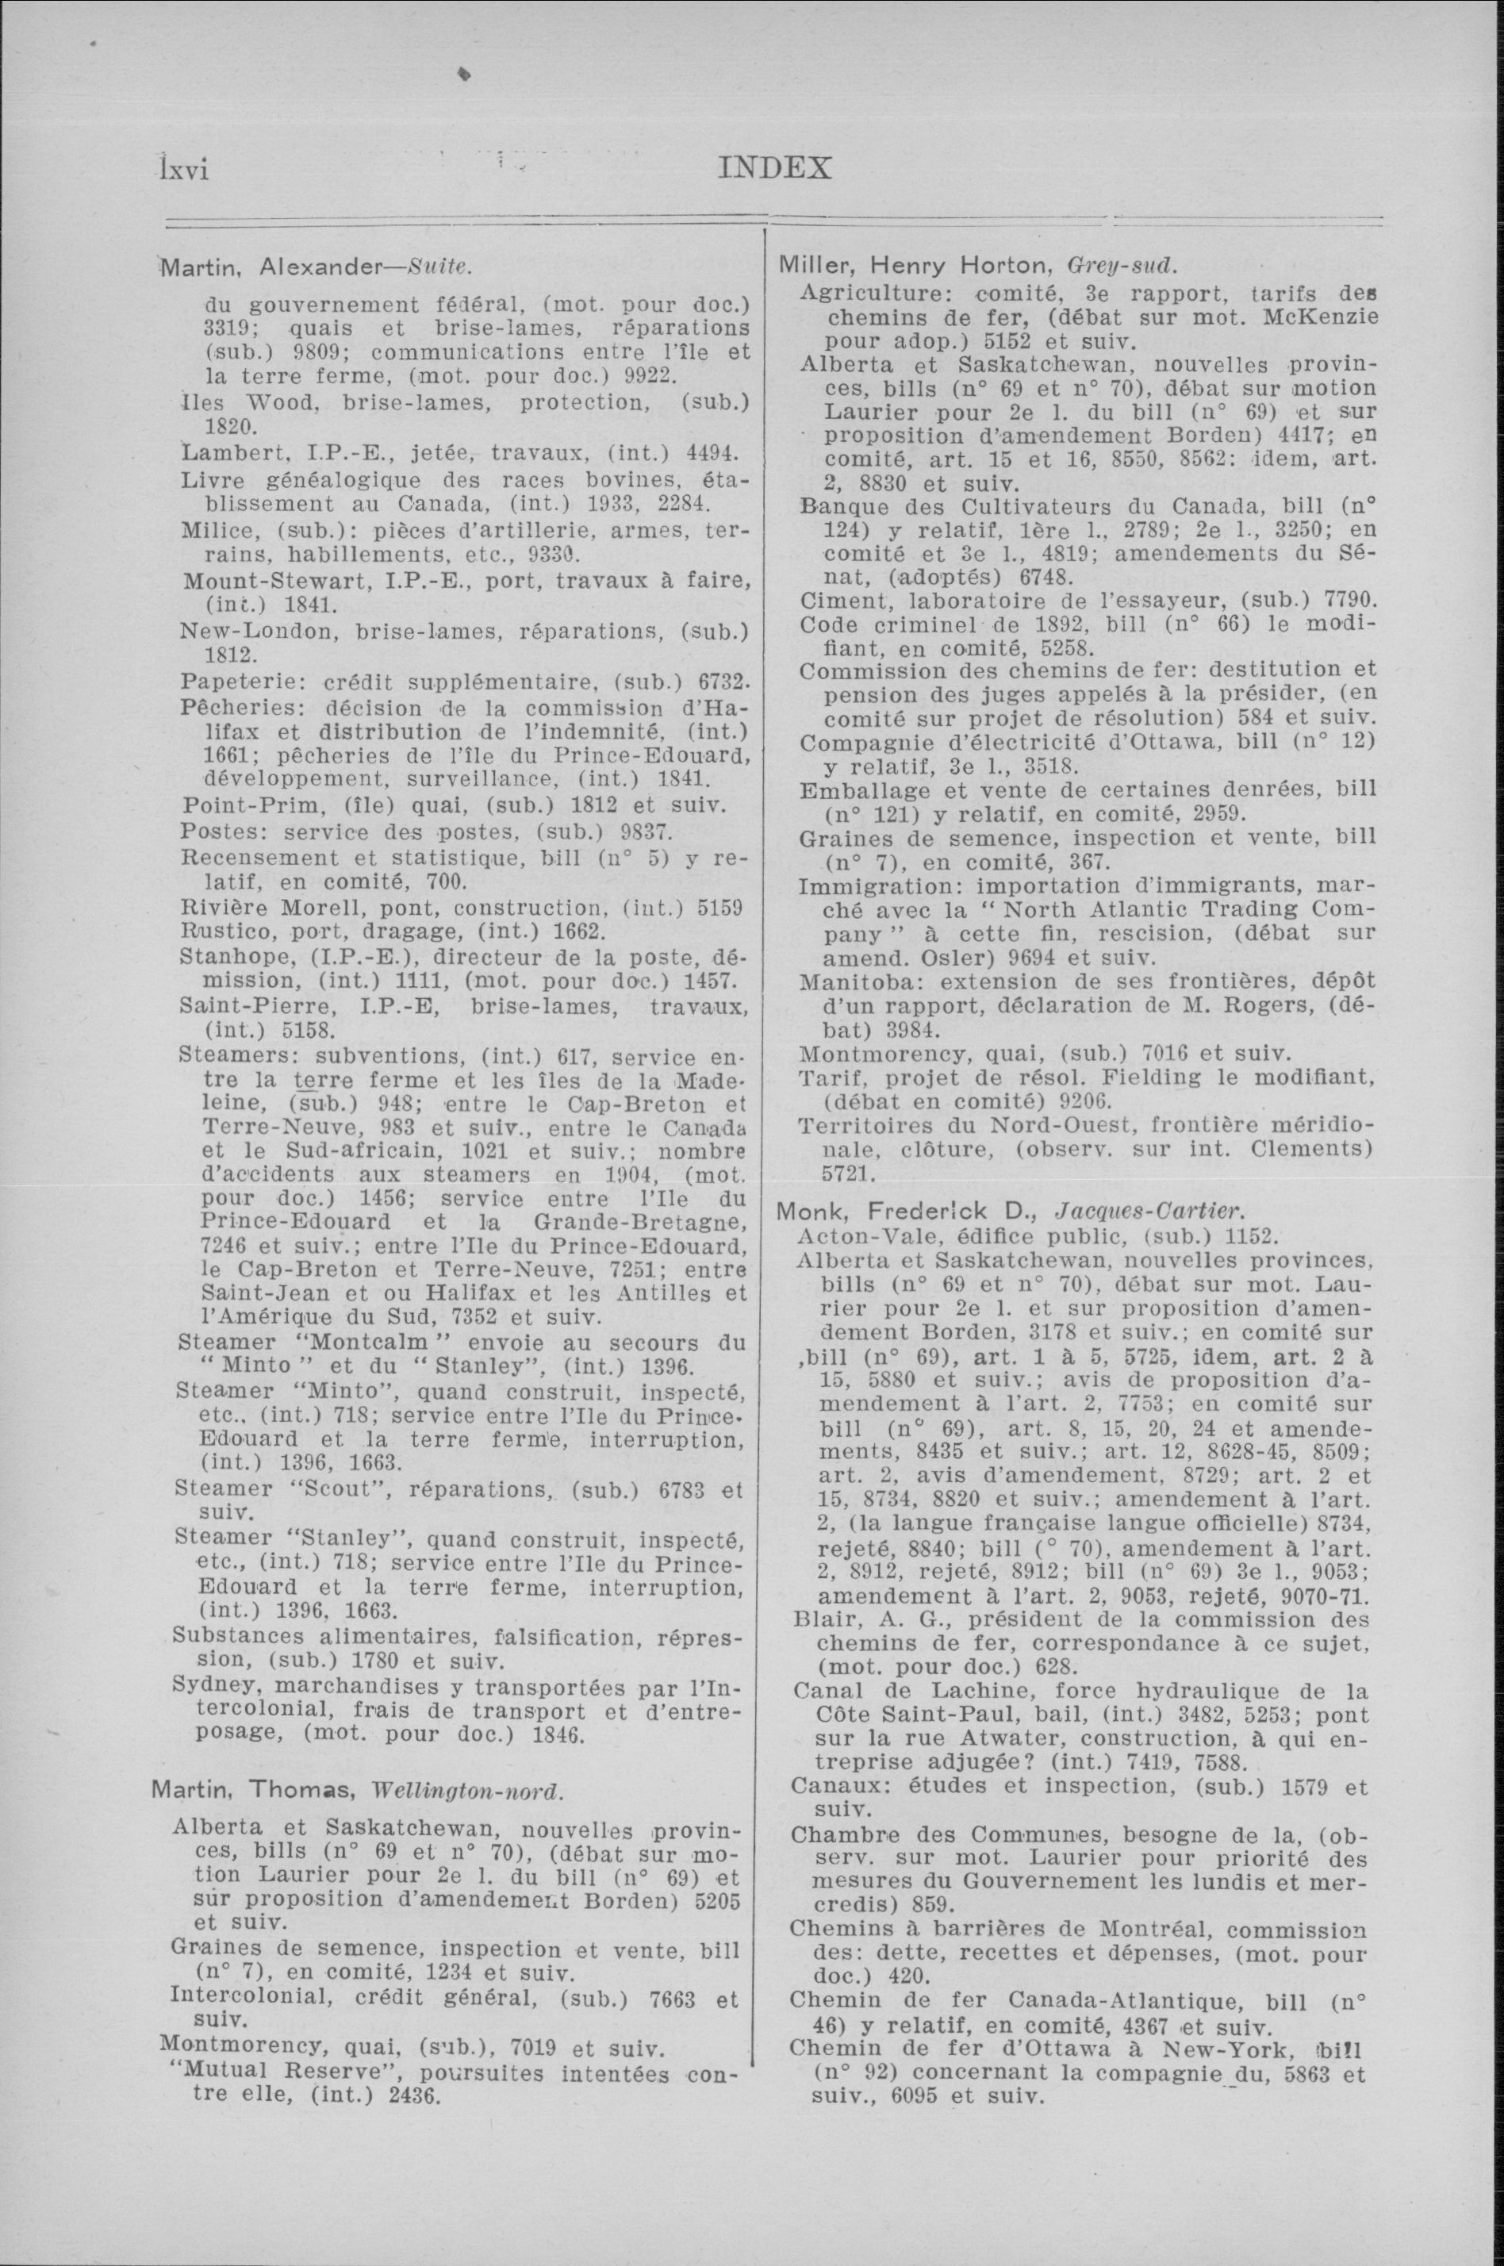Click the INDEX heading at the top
pos(773,169)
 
